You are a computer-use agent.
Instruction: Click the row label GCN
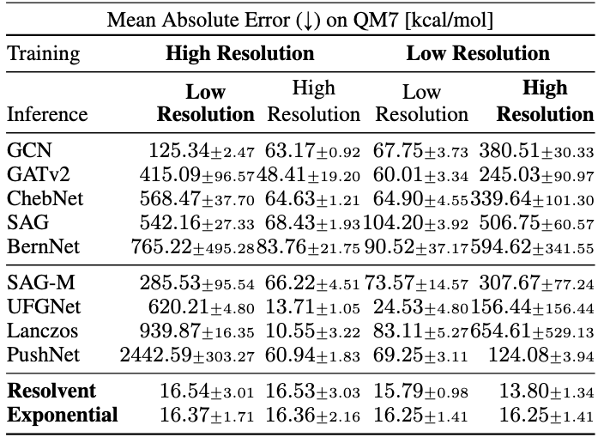coord(29,150)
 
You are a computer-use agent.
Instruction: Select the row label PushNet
coord(43,355)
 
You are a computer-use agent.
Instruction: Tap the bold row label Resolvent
coord(51,391)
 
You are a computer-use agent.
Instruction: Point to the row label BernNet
coord(43,246)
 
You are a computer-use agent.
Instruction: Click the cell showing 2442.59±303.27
coord(187,355)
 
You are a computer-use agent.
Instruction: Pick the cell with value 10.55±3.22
coord(313,331)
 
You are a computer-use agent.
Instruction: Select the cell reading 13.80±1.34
coord(547,391)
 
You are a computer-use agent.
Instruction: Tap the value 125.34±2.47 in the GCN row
coord(202,150)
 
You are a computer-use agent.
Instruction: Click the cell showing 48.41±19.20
coord(308,174)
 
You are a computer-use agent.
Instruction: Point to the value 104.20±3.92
coord(415,222)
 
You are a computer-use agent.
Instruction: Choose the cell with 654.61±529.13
coord(532,331)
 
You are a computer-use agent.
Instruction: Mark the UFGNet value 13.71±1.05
coord(313,307)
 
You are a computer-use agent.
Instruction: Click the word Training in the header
coord(44,54)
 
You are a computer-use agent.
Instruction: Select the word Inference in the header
coord(47,114)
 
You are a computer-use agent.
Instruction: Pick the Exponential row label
coord(63,416)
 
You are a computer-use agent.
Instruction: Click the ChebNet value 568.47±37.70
coord(196,199)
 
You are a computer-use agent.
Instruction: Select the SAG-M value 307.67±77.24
coord(536,283)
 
